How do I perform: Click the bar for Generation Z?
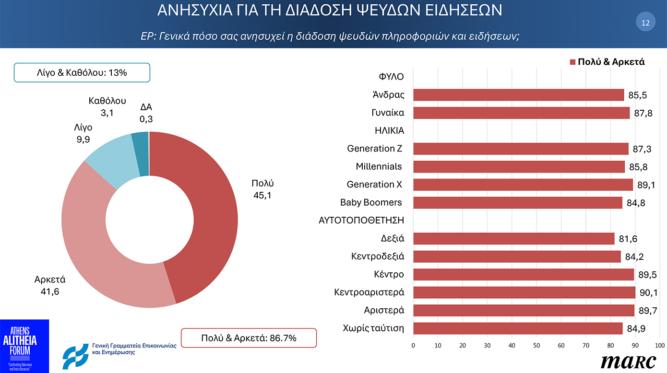point(521,149)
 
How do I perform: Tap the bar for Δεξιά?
point(513,238)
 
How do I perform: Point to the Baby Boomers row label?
point(371,202)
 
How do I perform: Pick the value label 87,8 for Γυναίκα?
point(643,113)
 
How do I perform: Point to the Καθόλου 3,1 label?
point(107,106)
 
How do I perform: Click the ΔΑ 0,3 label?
point(146,114)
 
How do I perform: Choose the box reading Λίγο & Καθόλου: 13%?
point(82,73)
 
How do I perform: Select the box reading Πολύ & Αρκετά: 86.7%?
point(249,338)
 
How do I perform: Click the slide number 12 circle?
point(645,23)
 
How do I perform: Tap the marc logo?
point(628,361)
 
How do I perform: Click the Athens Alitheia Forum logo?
point(24,345)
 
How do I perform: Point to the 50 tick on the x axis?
point(536,345)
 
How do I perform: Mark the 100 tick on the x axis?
point(659,345)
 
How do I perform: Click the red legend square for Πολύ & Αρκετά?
point(572,62)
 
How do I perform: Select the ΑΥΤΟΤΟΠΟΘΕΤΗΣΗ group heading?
point(361,221)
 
